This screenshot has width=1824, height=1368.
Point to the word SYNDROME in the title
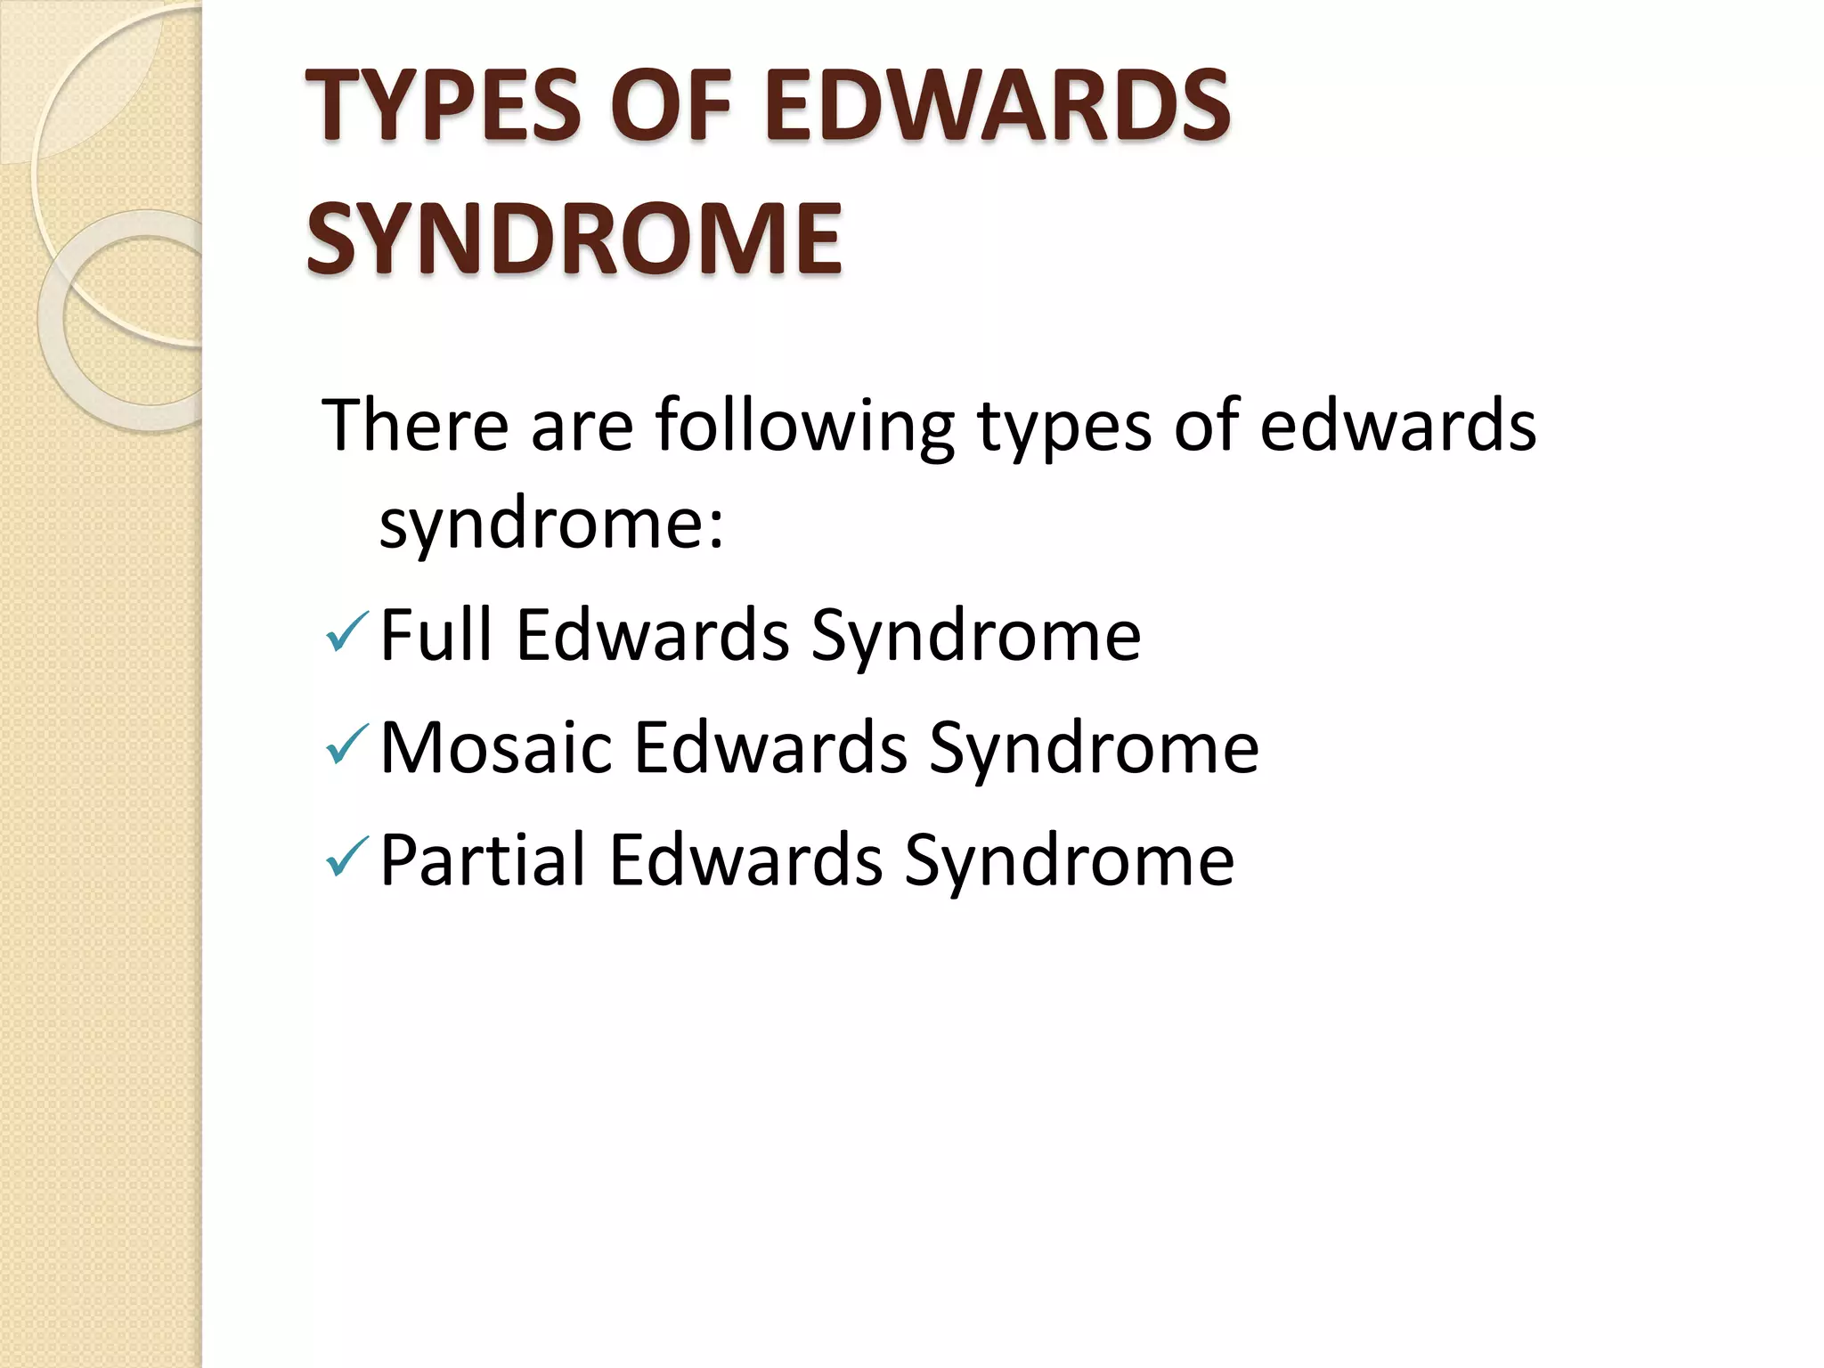click(574, 239)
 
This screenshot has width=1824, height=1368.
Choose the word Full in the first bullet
click(436, 634)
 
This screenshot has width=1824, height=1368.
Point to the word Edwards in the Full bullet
click(652, 634)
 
